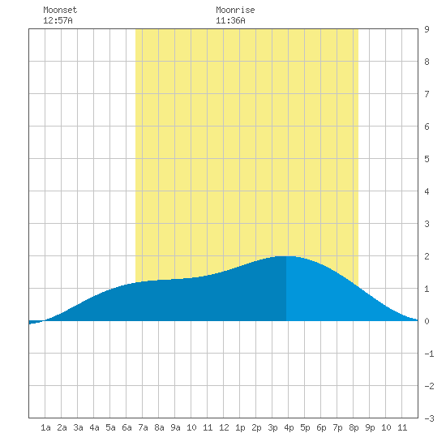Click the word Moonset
(x=60, y=10)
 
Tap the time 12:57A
(x=58, y=20)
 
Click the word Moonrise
(x=235, y=10)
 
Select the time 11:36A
(x=230, y=20)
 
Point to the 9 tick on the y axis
(x=427, y=29)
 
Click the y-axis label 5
(x=427, y=159)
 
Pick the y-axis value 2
(x=427, y=256)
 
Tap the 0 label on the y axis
(x=427, y=321)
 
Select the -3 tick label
(x=429, y=418)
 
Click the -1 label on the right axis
(x=429, y=354)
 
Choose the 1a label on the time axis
(x=45, y=427)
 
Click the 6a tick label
(x=127, y=427)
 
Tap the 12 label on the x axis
(x=224, y=427)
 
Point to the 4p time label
(x=289, y=427)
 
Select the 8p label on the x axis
(x=354, y=427)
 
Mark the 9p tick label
(x=370, y=427)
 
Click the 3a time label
(x=78, y=427)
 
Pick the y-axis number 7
(x=427, y=94)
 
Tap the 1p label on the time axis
(x=240, y=427)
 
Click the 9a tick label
(x=175, y=427)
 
